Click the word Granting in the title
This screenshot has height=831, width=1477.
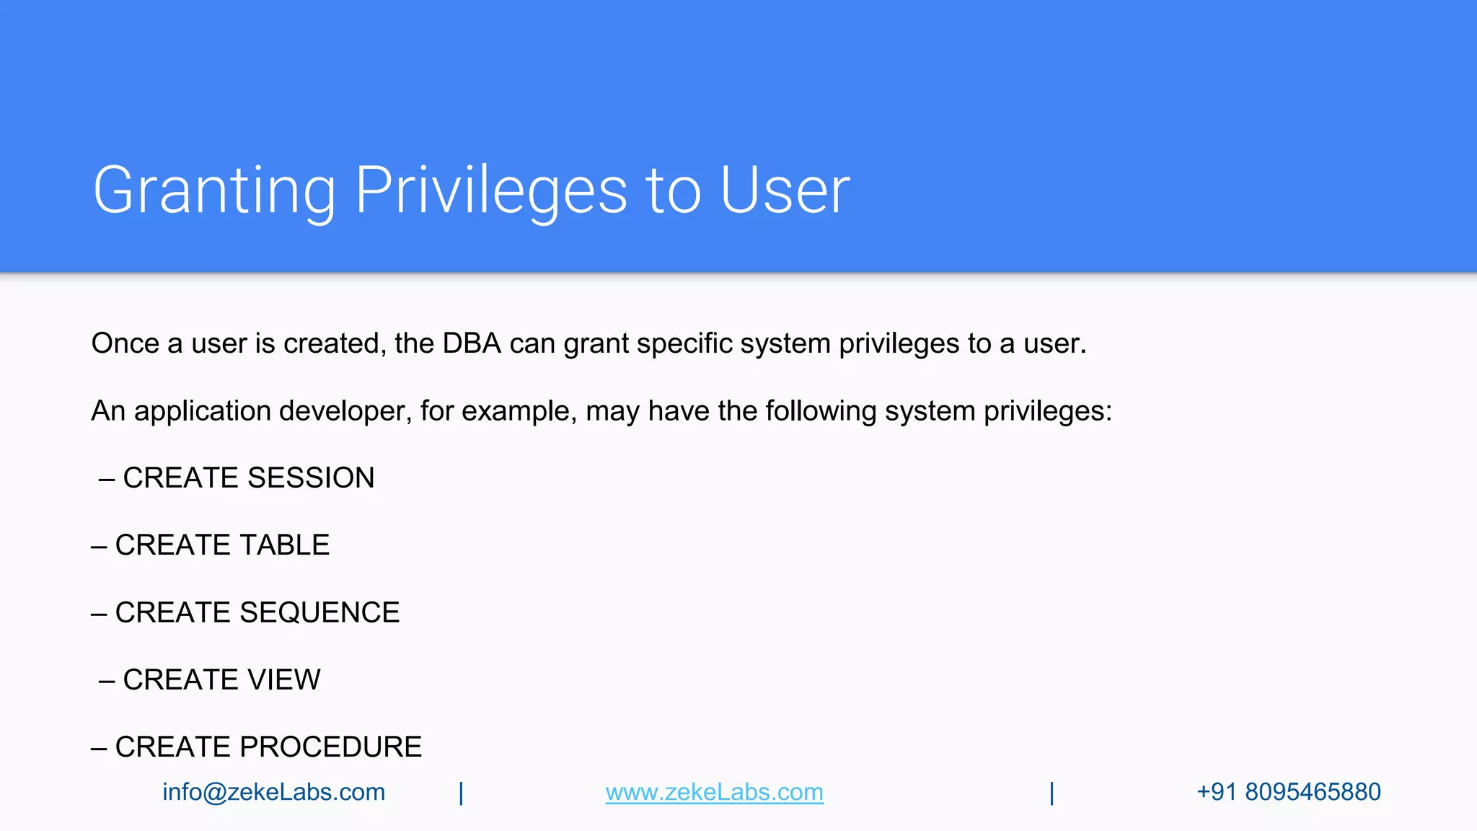pyautogui.click(x=214, y=190)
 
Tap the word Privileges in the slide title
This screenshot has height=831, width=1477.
pyautogui.click(x=491, y=190)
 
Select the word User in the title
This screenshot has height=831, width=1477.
pyautogui.click(x=785, y=190)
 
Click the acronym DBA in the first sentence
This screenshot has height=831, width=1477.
pyautogui.click(x=472, y=343)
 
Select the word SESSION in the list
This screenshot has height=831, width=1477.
pyautogui.click(x=311, y=478)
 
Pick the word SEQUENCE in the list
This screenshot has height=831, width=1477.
pyautogui.click(x=319, y=612)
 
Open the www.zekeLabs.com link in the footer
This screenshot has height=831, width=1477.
pyautogui.click(x=714, y=792)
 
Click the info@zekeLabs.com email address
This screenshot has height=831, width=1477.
pyautogui.click(x=273, y=792)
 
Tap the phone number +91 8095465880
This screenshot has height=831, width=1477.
pyautogui.click(x=1288, y=792)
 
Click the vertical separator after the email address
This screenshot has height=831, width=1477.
pyautogui.click(x=461, y=793)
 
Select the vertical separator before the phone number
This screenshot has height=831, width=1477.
pyautogui.click(x=1051, y=793)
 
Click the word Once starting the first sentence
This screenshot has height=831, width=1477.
pyautogui.click(x=125, y=343)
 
